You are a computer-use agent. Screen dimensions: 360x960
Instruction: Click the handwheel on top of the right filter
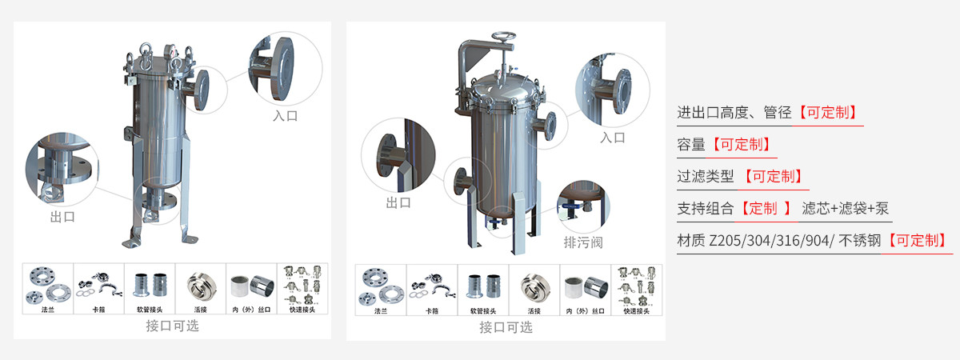(502, 37)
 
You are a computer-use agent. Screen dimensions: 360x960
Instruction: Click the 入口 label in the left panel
(285, 116)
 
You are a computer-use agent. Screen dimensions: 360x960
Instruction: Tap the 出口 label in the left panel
(62, 217)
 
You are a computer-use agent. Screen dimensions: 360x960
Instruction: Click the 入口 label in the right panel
(612, 138)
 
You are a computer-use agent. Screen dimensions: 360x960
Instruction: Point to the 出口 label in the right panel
(398, 203)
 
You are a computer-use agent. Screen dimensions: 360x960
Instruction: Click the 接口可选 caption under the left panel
(172, 326)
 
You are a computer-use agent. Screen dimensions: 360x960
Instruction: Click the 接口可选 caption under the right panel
(506, 327)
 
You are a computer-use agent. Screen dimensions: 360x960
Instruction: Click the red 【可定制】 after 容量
(742, 145)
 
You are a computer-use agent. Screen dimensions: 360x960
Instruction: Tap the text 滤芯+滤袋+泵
(846, 209)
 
